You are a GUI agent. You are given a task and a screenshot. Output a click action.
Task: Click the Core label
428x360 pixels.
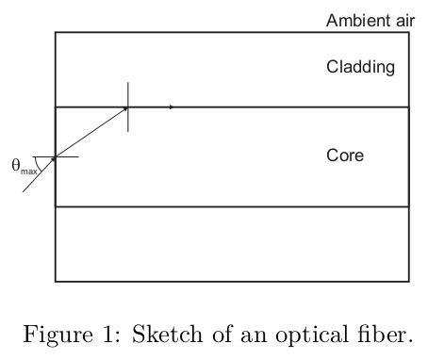tap(345, 155)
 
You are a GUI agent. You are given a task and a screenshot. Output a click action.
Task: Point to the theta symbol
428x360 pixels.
tap(16, 166)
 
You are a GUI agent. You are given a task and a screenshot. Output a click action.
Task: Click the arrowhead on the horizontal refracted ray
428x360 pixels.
tap(171, 107)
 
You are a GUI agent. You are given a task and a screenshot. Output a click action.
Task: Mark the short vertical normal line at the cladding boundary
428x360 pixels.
tap(128, 120)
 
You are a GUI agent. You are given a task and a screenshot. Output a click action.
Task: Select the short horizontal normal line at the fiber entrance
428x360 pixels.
tap(68, 156)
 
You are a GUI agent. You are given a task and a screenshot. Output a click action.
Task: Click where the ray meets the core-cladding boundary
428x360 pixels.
tap(128, 107)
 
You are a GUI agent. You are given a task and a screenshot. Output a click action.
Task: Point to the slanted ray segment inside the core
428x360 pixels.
tap(91, 132)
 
